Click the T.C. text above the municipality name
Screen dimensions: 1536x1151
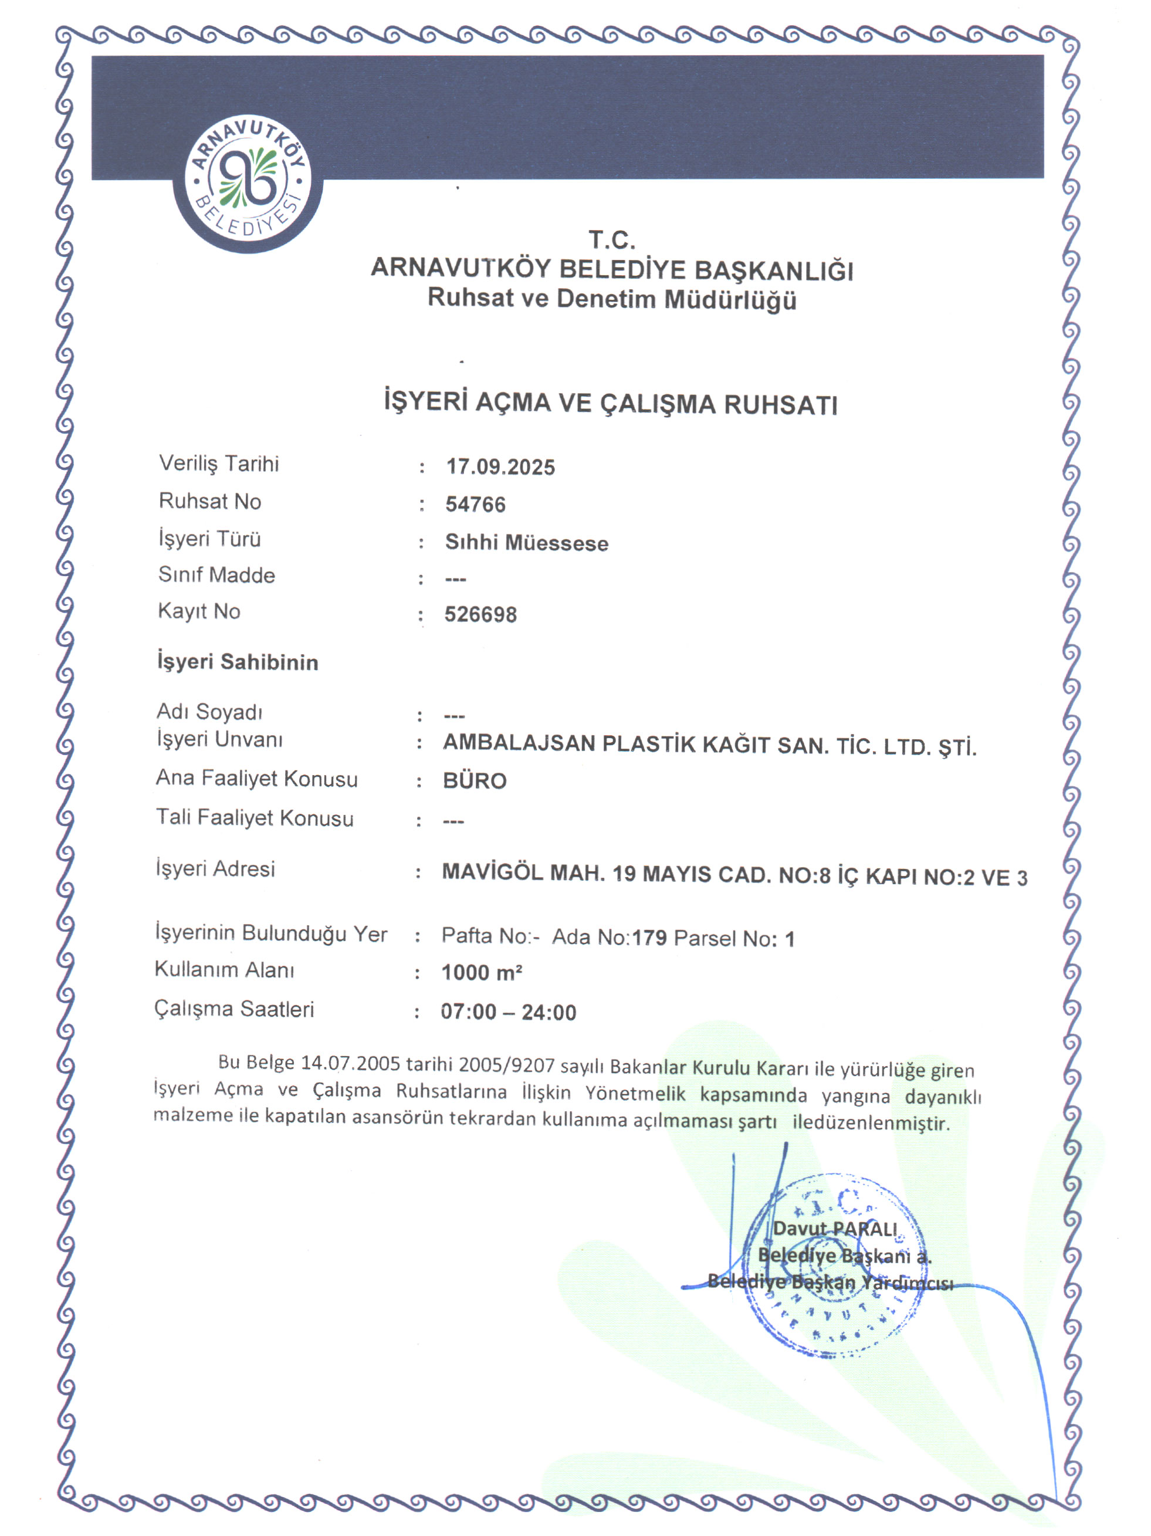pyautogui.click(x=612, y=241)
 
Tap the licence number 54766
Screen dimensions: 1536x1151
pyautogui.click(x=476, y=505)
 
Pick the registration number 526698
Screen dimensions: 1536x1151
pyautogui.click(x=480, y=614)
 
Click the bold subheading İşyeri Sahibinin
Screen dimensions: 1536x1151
pyautogui.click(x=238, y=662)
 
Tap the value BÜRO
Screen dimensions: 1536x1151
pyautogui.click(x=475, y=781)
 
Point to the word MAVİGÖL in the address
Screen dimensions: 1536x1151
pyautogui.click(x=492, y=872)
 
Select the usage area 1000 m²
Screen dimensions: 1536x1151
pyautogui.click(x=481, y=973)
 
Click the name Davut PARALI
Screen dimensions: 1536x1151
pyautogui.click(x=835, y=1229)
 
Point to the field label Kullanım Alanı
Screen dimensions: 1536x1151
pyautogui.click(x=224, y=969)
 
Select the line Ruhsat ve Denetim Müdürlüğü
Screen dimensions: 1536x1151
pyautogui.click(x=612, y=299)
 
